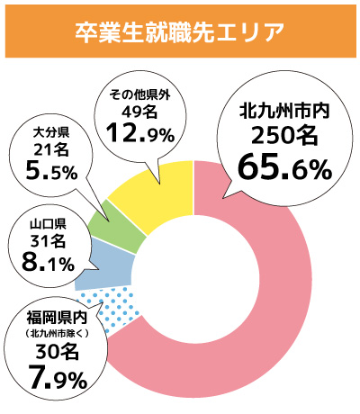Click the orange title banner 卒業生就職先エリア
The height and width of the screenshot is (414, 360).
pos(180,31)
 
